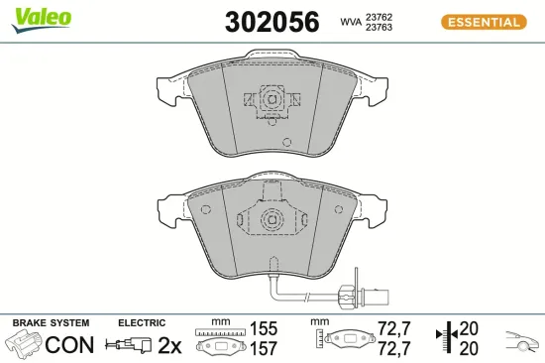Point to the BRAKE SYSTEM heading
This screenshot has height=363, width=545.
[x=49, y=323]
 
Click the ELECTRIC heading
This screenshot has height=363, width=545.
[x=141, y=323]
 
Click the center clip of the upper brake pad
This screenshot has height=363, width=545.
[x=270, y=99]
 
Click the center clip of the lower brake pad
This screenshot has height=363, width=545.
[x=269, y=220]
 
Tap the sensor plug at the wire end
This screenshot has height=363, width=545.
[x=378, y=293]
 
